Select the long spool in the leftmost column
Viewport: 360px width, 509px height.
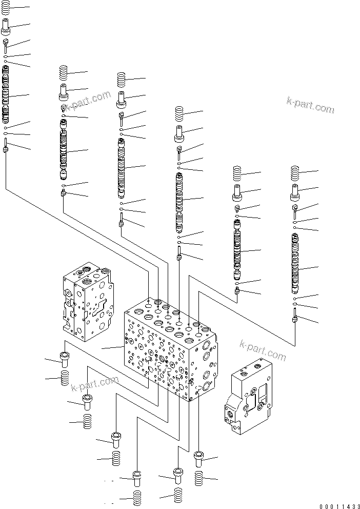coord(6,95)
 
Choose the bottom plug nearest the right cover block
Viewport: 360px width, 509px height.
coord(199,458)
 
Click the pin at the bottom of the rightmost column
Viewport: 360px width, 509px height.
coord(295,316)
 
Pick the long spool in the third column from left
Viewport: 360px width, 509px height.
coord(121,167)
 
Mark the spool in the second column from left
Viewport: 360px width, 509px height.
coord(63,150)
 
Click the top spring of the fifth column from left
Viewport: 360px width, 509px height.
coord(237,173)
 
